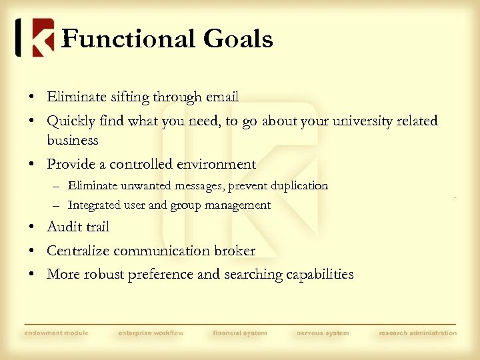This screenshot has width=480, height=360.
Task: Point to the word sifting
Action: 127,97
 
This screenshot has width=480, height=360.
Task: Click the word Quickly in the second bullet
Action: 69,121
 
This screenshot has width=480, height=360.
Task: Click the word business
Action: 73,141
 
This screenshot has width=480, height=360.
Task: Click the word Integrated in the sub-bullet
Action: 93,205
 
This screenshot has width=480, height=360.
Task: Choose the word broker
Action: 233,251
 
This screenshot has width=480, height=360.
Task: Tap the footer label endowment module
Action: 56,333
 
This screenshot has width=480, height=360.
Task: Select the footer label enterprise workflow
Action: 151,333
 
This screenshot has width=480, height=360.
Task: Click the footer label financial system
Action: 240,333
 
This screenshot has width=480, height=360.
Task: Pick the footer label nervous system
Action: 323,333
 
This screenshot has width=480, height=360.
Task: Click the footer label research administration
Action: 418,333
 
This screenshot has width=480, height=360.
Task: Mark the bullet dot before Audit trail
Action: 32,227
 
